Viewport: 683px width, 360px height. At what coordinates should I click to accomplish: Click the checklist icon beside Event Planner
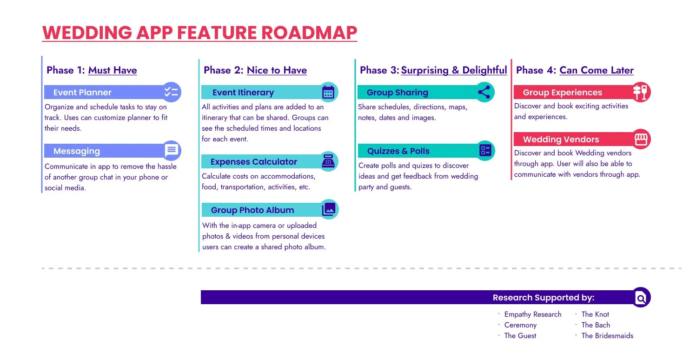click(x=171, y=92)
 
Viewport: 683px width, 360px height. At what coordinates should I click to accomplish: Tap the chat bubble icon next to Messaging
click(x=171, y=151)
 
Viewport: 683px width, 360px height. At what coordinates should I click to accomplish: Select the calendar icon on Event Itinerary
click(x=328, y=92)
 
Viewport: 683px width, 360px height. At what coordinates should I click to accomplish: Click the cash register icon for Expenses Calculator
click(x=328, y=161)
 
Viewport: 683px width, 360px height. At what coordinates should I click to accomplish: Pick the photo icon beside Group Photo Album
click(x=329, y=209)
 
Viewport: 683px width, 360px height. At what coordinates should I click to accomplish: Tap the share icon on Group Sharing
click(x=484, y=92)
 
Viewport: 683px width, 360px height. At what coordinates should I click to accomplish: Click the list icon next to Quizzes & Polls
click(x=485, y=150)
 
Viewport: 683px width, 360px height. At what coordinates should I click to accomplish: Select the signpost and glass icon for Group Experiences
click(x=641, y=92)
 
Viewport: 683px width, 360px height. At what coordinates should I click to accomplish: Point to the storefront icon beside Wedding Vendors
click(x=641, y=139)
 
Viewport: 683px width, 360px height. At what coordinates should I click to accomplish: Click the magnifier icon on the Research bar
click(x=641, y=298)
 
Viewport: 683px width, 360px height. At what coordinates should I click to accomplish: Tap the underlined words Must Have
click(x=113, y=70)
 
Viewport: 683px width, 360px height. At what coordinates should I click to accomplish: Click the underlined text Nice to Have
click(x=277, y=70)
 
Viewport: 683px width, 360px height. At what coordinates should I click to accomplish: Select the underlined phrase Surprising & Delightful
click(x=454, y=70)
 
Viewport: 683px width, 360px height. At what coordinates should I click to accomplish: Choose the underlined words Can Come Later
click(x=597, y=70)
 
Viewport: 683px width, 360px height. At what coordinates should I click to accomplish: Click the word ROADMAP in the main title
click(x=309, y=33)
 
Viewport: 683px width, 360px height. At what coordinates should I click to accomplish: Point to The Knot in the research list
click(x=595, y=314)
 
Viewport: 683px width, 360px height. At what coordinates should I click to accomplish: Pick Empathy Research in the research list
click(x=533, y=314)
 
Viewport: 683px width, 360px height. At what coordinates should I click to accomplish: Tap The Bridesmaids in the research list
click(x=607, y=336)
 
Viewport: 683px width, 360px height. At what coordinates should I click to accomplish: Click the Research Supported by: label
click(x=544, y=298)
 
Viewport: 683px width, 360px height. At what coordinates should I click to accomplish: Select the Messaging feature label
click(x=77, y=151)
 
